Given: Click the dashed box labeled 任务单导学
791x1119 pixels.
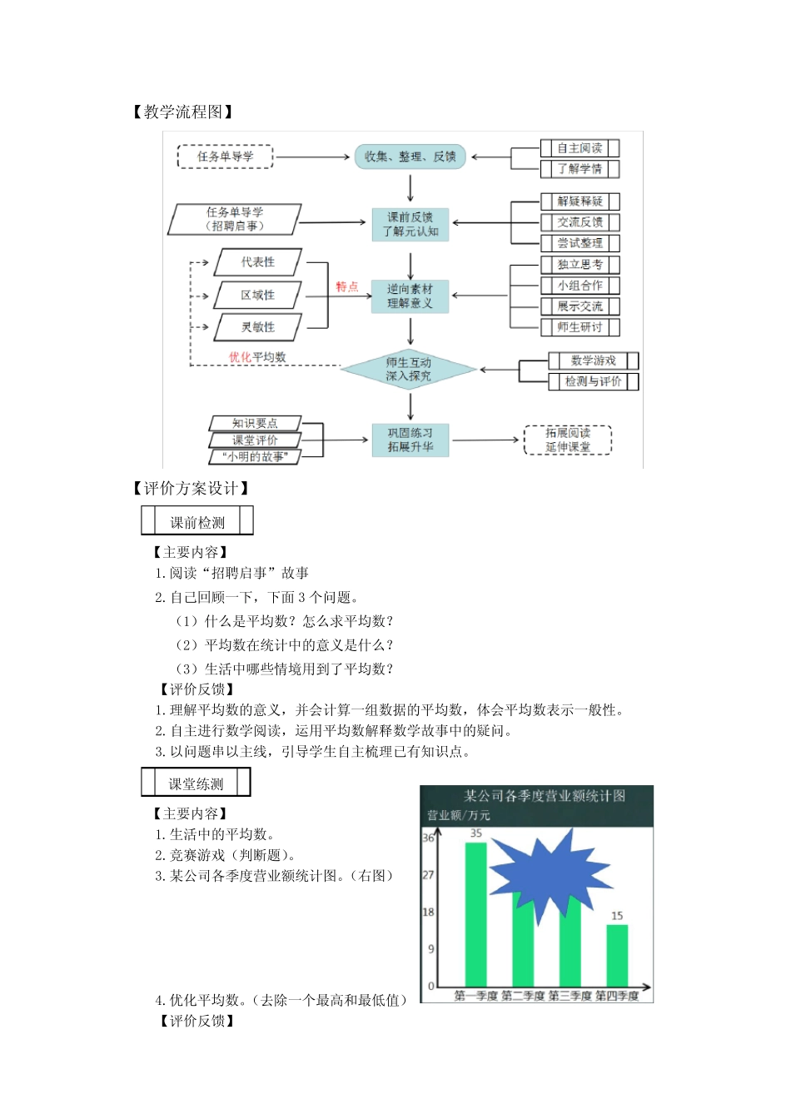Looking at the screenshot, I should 225,157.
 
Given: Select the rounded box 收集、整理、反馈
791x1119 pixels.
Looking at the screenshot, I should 410,157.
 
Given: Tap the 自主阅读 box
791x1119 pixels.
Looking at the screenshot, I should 580,148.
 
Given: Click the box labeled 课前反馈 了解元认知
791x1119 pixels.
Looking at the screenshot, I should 410,224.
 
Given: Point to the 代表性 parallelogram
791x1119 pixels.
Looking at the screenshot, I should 258,262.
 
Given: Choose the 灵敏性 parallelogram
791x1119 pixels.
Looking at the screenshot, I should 258,327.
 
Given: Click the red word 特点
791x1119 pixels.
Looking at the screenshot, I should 347,286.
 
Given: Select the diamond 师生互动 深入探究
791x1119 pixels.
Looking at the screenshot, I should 408,370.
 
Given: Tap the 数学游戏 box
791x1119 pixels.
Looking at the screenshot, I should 593,361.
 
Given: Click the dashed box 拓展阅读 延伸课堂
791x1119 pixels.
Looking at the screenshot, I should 568,440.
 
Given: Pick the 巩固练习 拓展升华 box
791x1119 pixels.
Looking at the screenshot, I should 410,440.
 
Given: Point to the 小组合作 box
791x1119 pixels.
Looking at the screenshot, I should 580,286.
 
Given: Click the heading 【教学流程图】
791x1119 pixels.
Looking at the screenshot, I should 182,112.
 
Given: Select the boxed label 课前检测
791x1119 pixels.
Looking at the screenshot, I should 197,522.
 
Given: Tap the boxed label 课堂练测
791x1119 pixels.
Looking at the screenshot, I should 196,783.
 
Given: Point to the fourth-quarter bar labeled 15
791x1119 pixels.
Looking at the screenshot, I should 617,955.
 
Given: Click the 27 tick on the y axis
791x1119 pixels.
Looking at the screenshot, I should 428,875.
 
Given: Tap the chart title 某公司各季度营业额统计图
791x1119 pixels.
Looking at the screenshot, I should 545,796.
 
